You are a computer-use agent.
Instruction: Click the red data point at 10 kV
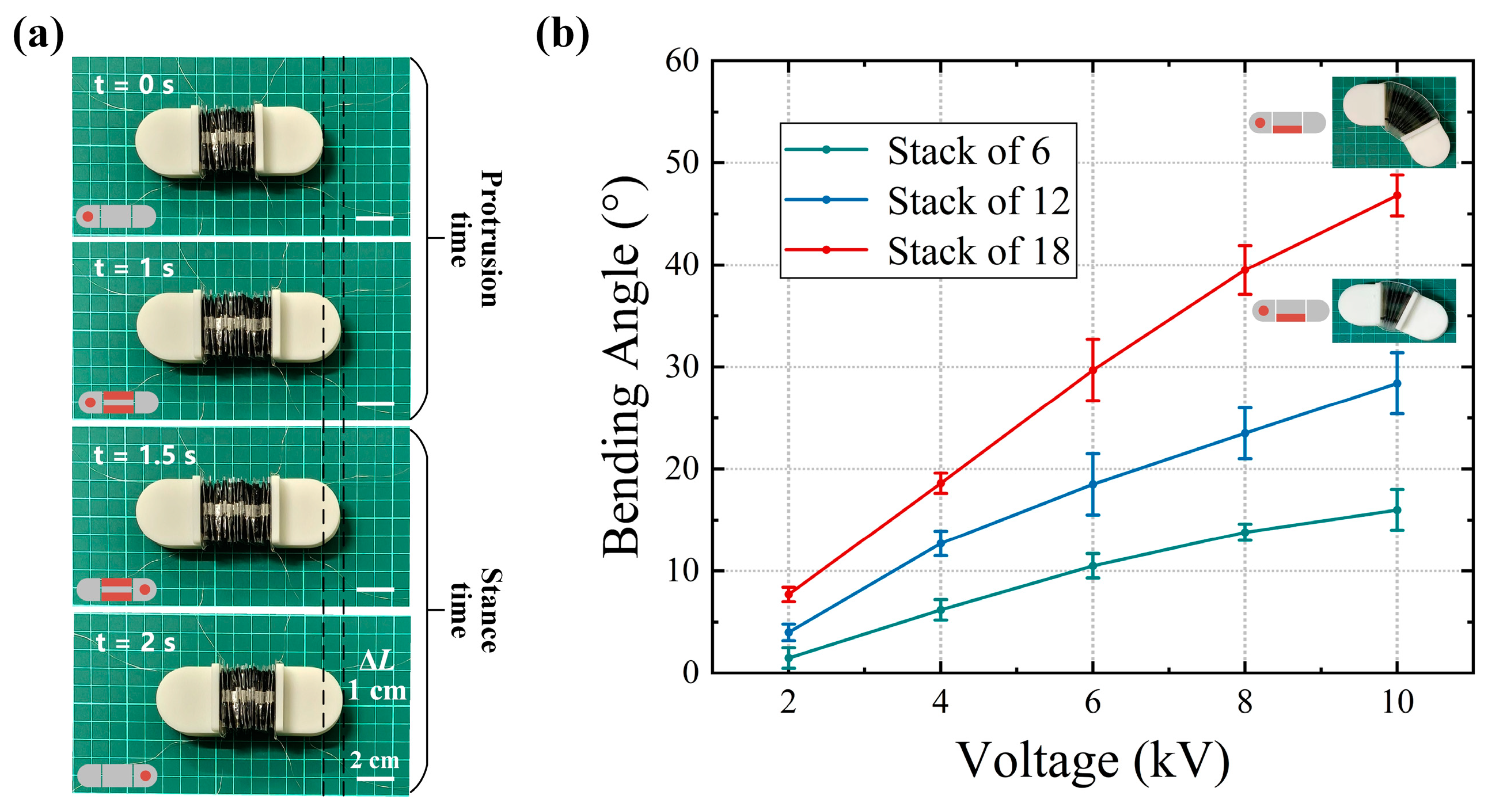coord(1397,196)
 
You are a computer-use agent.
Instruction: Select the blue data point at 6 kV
coord(1092,484)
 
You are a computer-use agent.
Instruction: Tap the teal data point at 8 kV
coord(1245,532)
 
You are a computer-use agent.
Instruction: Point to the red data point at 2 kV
coord(788,594)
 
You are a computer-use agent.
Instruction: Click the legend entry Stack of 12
coord(978,201)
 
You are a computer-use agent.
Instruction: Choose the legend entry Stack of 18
coord(978,251)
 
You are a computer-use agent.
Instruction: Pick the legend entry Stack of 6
coord(969,151)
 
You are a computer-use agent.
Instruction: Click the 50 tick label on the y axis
coord(682,163)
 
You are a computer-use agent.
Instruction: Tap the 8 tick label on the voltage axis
coord(1245,702)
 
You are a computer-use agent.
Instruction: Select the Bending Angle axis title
coord(624,367)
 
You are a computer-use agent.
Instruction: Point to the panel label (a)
coord(38,36)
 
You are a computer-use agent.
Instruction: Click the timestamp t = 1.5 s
coord(145,455)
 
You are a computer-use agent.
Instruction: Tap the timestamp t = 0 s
coord(134,85)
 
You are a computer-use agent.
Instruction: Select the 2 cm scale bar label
coord(374,760)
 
